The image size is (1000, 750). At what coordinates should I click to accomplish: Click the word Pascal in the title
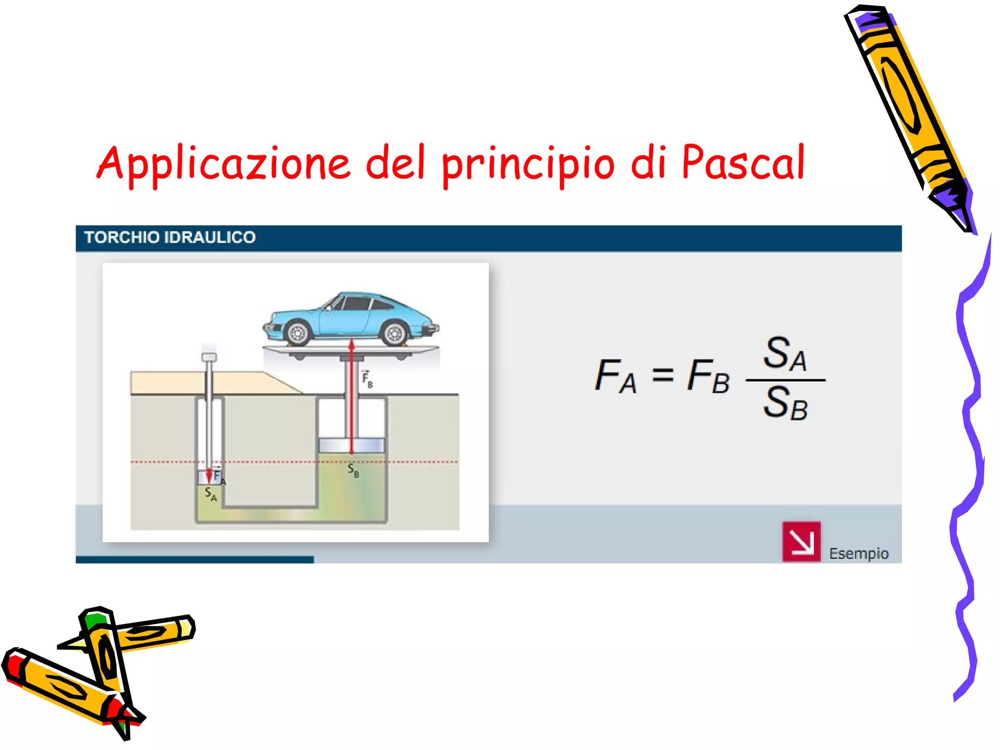click(x=743, y=163)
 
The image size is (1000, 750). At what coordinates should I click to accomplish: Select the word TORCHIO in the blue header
click(x=122, y=237)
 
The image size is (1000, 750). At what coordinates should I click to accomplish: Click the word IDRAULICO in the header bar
click(x=210, y=237)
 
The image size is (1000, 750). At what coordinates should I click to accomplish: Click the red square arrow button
click(x=801, y=542)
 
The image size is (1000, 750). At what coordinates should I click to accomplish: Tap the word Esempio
click(x=858, y=554)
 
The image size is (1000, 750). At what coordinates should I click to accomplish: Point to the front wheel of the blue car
click(x=297, y=333)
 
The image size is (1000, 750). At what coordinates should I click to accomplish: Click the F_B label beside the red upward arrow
click(x=367, y=379)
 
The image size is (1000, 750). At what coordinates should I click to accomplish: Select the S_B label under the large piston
click(x=353, y=471)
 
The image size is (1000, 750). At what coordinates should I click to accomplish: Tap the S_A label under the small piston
click(x=210, y=494)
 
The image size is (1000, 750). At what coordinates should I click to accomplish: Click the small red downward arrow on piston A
click(x=209, y=475)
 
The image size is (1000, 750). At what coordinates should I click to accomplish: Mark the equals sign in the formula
click(x=663, y=375)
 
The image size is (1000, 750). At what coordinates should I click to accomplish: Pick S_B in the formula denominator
click(x=785, y=403)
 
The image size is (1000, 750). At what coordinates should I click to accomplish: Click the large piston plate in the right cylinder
click(x=352, y=445)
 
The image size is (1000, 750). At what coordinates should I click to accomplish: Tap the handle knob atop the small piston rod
click(x=209, y=357)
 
